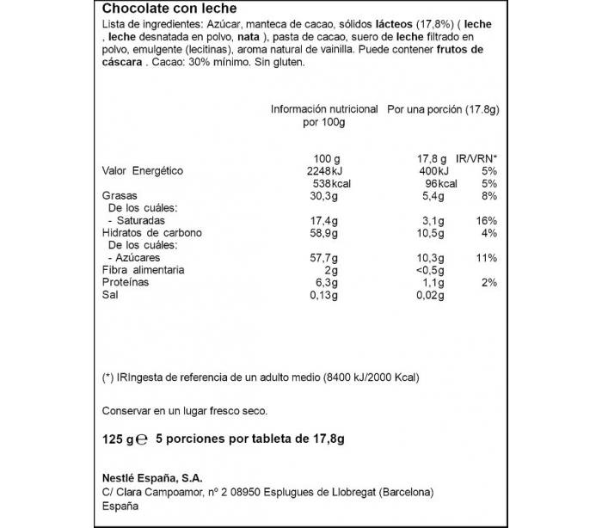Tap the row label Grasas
121,196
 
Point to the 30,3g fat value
325,196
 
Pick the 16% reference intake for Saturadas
487,221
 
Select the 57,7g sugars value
324,258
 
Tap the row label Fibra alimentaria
143,270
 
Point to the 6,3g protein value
328,282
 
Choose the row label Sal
111,295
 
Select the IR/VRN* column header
477,159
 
